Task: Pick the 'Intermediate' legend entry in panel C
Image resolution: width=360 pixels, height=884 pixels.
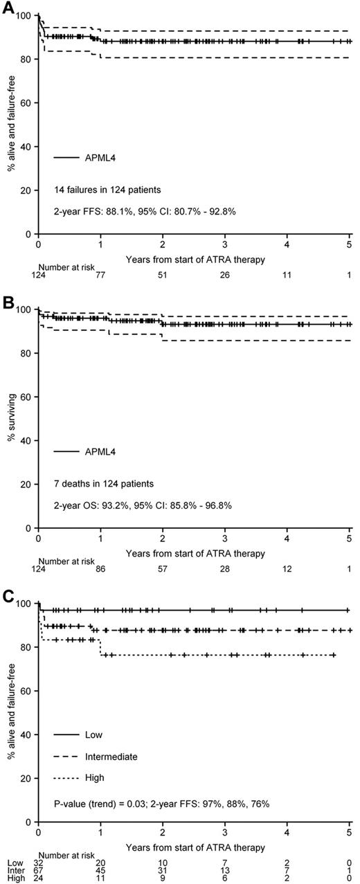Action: (109, 757)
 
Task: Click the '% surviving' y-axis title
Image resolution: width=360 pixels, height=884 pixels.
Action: (9, 417)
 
